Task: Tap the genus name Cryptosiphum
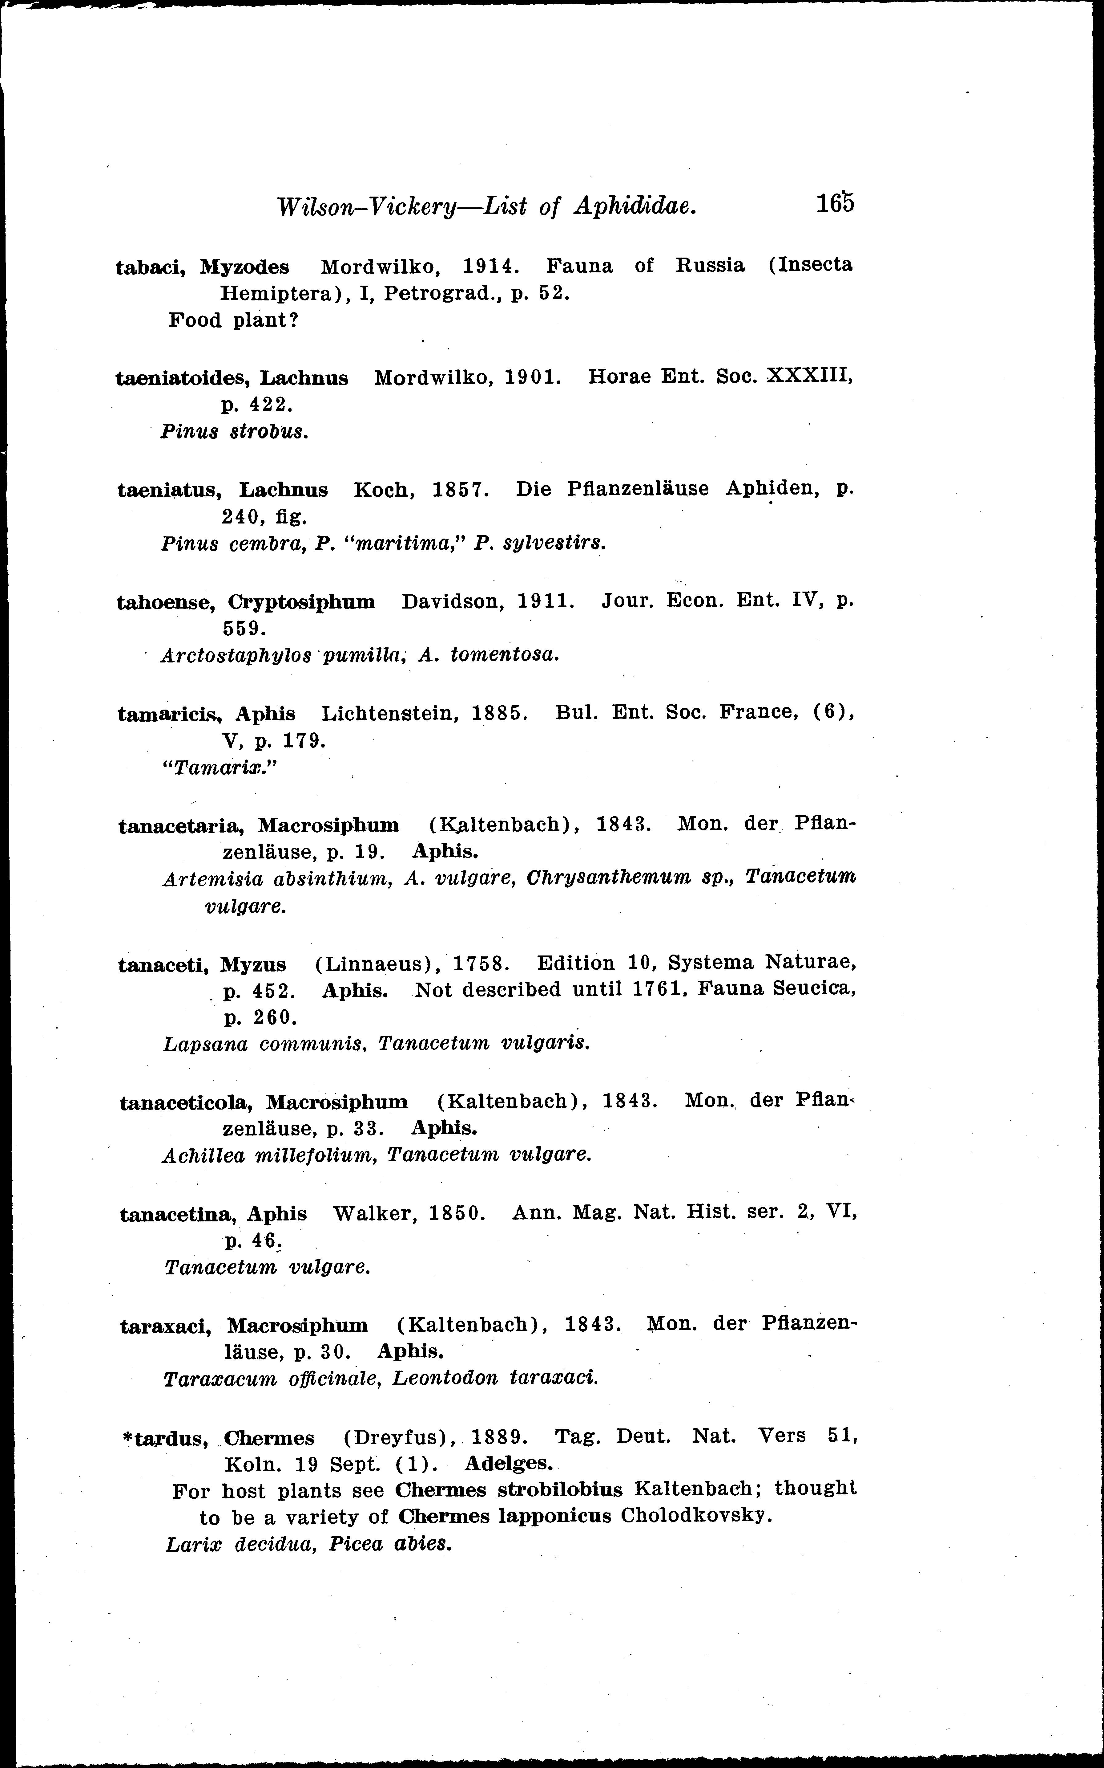302,602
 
